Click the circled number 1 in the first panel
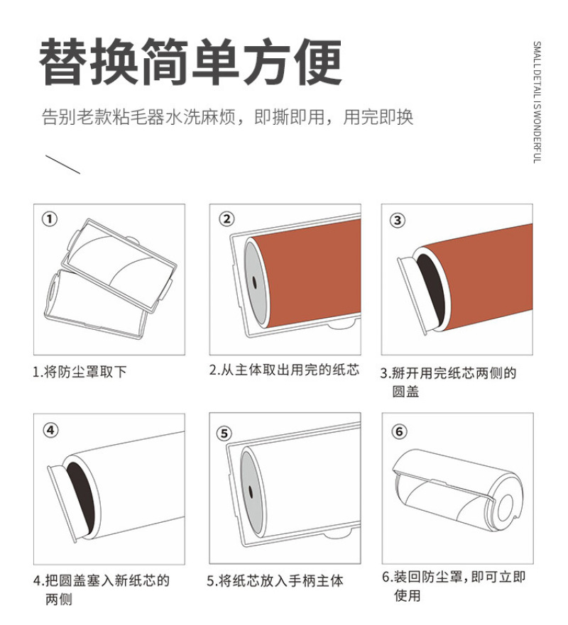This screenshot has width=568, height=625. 50,219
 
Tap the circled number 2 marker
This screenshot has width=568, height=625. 226,219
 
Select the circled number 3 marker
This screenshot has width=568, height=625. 398,221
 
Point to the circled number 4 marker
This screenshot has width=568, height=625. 50,431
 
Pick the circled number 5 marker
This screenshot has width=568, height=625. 224,433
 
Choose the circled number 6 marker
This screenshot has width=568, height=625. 399,431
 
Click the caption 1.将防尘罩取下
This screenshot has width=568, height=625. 80,372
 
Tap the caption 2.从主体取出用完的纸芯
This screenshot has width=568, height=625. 285,370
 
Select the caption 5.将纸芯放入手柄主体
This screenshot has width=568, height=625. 275,581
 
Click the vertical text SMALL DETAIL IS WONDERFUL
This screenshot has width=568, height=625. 537,102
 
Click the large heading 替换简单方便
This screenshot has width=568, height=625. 190,61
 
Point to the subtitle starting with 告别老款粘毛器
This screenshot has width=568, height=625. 227,117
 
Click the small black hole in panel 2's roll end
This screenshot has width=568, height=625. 254,282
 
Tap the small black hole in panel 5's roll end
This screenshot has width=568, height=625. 251,492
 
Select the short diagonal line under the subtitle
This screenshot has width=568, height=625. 62,164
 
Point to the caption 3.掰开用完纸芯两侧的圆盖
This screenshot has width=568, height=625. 448,382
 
